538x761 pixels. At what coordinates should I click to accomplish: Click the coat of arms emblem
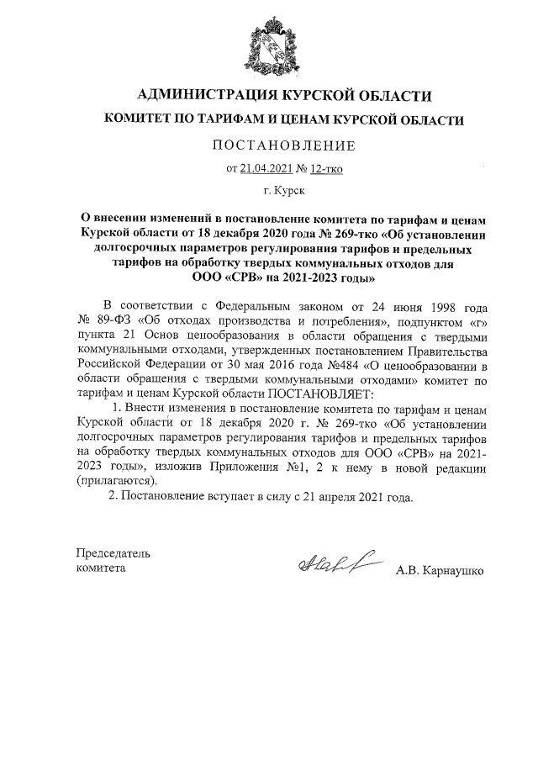[268, 43]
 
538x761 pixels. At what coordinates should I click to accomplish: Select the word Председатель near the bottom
[113, 553]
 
